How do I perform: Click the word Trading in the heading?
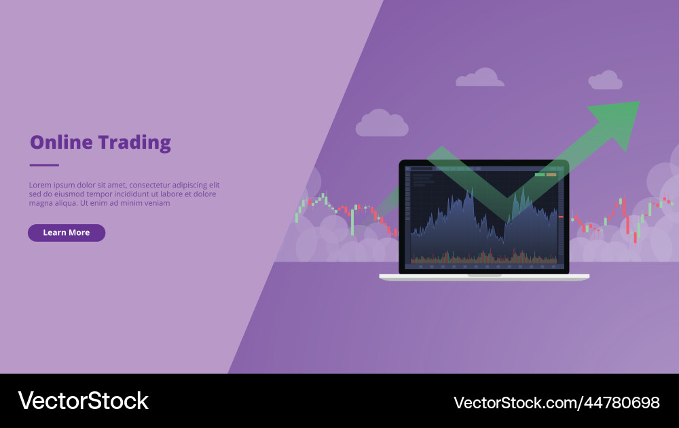click(134, 143)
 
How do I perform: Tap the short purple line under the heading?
click(44, 165)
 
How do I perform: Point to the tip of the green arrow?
click(638, 103)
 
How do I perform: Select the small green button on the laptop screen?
click(540, 175)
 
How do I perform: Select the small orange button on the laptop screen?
click(551, 175)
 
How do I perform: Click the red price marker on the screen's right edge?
click(561, 216)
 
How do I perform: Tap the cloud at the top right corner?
click(605, 81)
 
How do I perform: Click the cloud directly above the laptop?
click(480, 78)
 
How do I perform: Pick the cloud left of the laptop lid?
click(382, 123)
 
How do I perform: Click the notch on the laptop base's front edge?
click(484, 276)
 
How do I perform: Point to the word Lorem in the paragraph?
click(39, 185)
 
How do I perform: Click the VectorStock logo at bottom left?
click(83, 401)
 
